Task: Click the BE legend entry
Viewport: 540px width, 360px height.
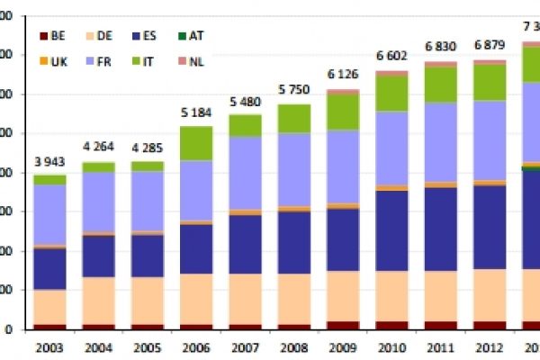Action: click(x=53, y=36)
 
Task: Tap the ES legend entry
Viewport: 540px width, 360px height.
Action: click(x=147, y=36)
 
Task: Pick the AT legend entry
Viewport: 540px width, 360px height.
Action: click(x=191, y=36)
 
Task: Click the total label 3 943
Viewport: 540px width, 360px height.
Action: click(x=50, y=161)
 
